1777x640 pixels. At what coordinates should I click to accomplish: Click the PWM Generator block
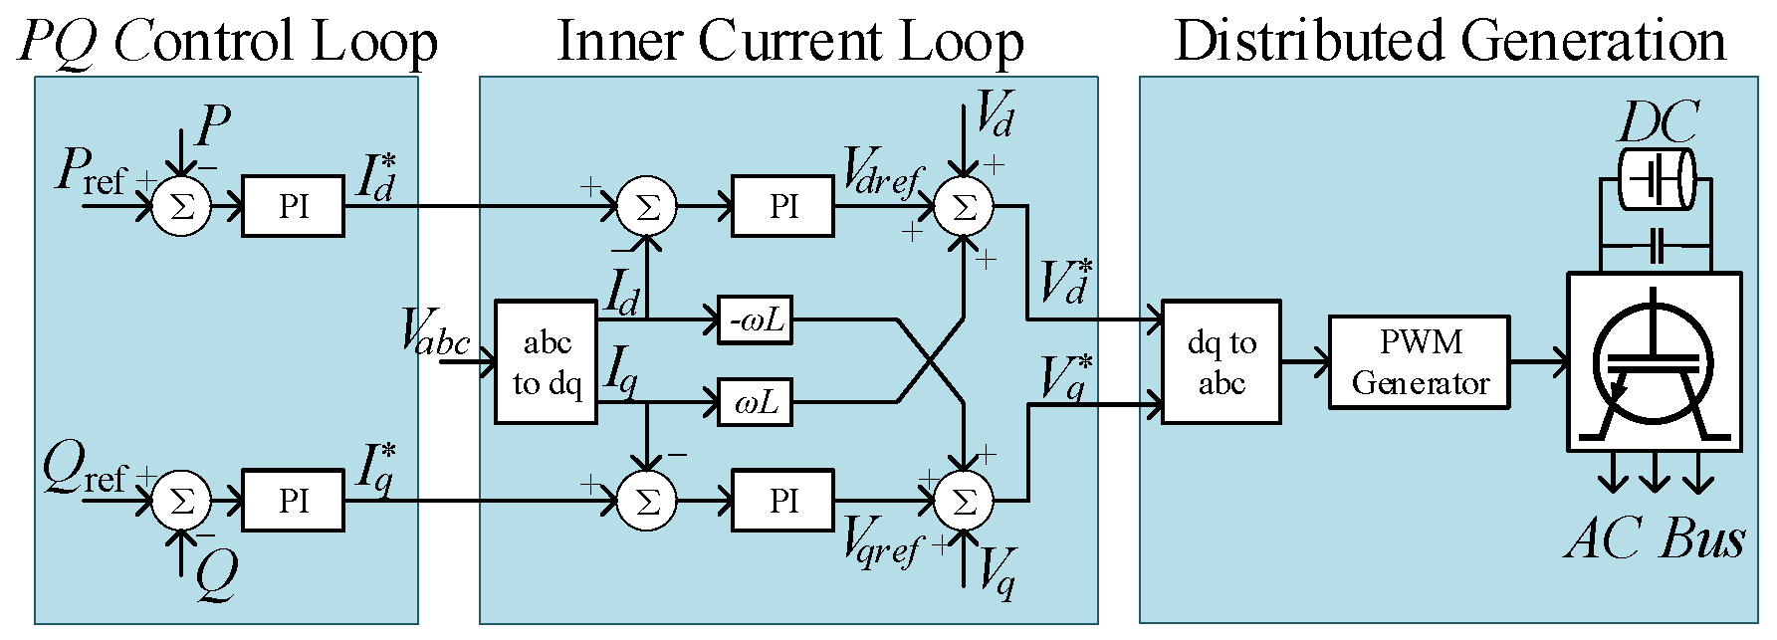click(1419, 362)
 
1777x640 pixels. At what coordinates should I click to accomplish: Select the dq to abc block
click(1221, 362)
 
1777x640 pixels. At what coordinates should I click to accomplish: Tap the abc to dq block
click(546, 362)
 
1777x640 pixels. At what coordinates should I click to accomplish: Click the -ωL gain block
click(756, 321)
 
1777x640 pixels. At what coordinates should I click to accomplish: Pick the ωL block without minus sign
click(756, 402)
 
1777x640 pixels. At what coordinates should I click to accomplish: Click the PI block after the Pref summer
click(293, 206)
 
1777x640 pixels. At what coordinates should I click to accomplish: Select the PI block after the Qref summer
click(293, 500)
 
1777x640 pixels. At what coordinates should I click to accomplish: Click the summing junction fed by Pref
click(181, 206)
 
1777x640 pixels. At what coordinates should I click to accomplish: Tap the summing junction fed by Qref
click(181, 500)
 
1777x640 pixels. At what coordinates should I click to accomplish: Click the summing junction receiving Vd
click(964, 206)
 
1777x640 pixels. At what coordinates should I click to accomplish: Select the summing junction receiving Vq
click(964, 500)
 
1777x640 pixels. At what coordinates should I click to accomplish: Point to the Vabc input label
click(435, 331)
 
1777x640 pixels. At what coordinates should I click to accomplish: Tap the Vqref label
click(882, 541)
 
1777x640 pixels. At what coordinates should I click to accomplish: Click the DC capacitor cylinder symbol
click(1656, 180)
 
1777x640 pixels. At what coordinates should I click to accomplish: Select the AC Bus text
click(1655, 538)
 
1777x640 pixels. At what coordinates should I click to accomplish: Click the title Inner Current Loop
click(789, 42)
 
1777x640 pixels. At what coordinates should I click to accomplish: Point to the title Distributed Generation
click(1449, 42)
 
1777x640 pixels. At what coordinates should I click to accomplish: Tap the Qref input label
click(86, 470)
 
